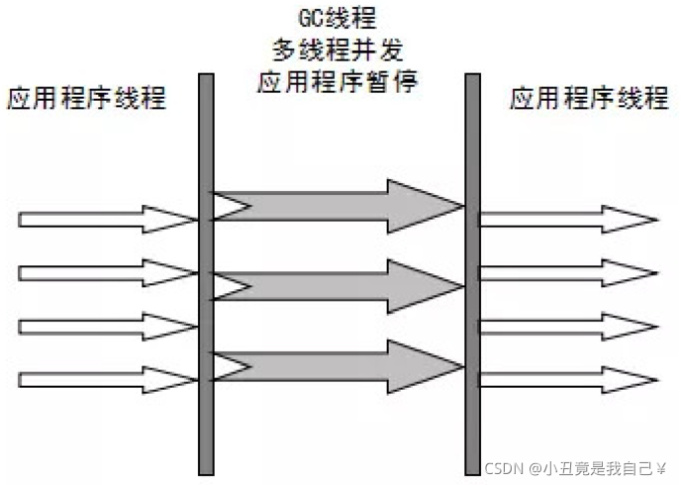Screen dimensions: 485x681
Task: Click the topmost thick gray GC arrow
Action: (337, 204)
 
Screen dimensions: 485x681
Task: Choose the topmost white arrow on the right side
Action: (564, 219)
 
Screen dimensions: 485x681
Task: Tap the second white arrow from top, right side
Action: (564, 272)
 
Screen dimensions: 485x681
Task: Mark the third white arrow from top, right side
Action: (564, 326)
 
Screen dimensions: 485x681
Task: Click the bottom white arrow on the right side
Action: (564, 378)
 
